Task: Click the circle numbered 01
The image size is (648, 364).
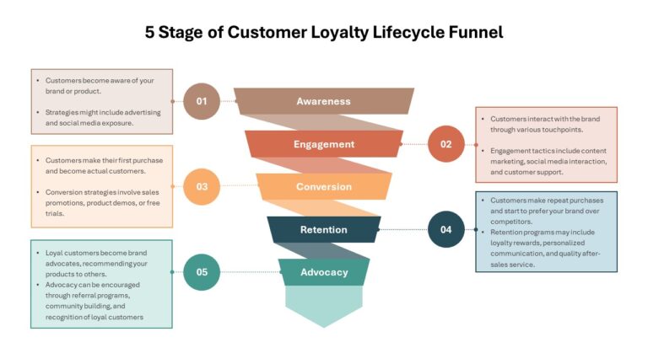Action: [202, 101]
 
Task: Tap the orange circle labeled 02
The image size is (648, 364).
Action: [445, 144]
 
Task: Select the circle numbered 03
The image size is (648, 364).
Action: [202, 186]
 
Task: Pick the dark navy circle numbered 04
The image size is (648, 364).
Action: [445, 229]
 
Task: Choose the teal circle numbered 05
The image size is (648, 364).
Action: [202, 272]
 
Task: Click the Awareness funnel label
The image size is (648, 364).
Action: [324, 101]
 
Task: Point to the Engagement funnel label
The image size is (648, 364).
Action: [324, 144]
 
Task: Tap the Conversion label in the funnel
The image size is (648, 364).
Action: [324, 186]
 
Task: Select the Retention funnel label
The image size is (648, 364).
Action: [324, 229]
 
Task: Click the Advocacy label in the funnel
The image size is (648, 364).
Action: [324, 272]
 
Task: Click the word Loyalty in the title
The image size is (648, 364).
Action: [339, 33]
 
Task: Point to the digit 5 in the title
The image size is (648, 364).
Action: [149, 33]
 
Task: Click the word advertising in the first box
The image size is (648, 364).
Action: [143, 112]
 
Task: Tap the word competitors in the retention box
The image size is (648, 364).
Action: [511, 222]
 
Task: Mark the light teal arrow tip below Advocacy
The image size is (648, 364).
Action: [324, 328]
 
